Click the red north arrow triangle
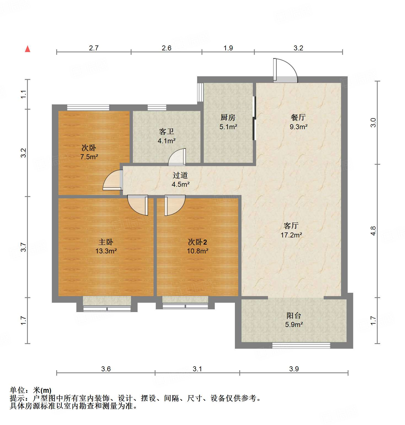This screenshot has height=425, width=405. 28,49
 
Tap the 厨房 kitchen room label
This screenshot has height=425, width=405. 228,118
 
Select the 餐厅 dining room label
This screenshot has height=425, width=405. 298,118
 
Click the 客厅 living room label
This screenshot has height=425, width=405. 291,226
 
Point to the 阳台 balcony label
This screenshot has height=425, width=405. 294,315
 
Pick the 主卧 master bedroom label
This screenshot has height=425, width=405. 106,242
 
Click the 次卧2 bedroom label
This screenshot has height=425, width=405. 197,242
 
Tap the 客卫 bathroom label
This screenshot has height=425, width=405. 167,132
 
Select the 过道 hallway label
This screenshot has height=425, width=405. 180,175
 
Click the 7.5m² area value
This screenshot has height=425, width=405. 89,157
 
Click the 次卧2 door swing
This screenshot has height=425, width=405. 175,205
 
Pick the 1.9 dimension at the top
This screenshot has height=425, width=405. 228,48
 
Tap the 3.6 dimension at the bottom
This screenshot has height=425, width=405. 106,369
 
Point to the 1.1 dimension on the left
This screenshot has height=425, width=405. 24,94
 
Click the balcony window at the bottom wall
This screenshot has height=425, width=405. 301,345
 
